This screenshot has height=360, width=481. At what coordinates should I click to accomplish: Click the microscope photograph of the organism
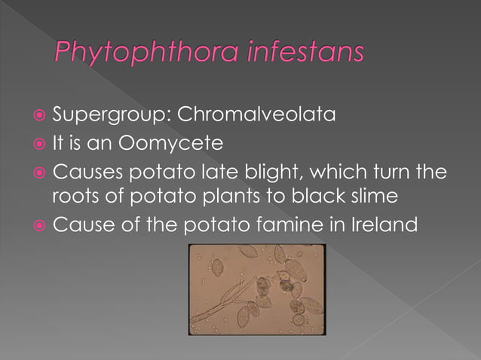click(x=256, y=289)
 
